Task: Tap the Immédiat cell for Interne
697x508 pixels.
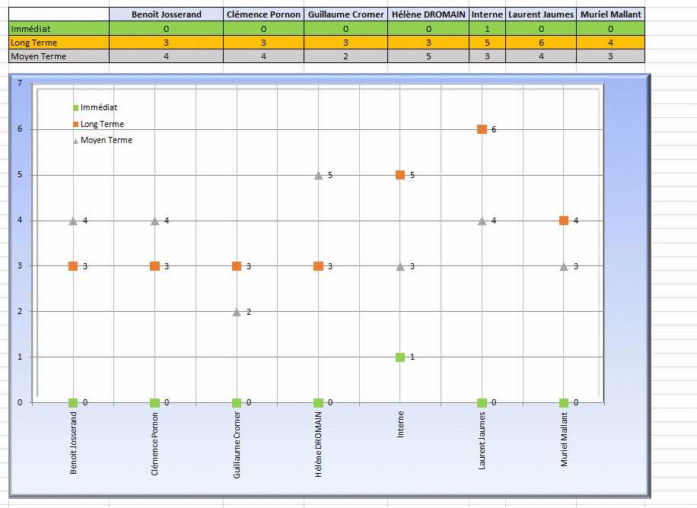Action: pos(487,28)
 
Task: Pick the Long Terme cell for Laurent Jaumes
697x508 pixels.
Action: pos(541,43)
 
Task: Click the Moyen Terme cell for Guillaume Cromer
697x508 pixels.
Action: pos(345,56)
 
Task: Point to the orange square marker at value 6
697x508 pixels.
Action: pos(482,129)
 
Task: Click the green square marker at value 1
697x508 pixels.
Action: pos(400,357)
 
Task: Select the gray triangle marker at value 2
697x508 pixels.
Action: pos(237,312)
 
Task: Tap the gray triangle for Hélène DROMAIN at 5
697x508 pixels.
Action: pos(318,175)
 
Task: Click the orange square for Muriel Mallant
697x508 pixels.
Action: pos(564,221)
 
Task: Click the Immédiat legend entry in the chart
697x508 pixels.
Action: pos(95,108)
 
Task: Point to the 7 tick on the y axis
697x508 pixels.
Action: pos(19,83)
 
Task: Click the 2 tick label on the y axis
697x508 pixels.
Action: pos(19,311)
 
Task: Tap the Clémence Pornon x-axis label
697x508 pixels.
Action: pos(155,444)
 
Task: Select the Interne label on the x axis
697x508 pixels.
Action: pos(400,424)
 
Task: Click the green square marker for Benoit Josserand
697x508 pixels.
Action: pos(73,403)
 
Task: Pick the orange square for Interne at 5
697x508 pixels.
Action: pos(400,175)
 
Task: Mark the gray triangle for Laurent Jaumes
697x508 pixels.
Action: pos(482,221)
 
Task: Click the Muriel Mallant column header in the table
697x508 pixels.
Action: pos(610,14)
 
